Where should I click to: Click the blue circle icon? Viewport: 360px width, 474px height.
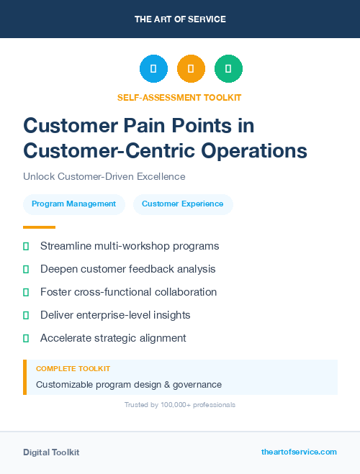tap(153, 69)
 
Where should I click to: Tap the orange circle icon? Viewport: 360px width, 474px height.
tap(191, 69)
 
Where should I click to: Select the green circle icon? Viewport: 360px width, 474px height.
tap(228, 69)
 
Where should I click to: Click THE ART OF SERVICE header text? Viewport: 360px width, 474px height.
tap(180, 19)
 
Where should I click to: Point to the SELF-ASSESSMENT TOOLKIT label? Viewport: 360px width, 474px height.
tap(179, 97)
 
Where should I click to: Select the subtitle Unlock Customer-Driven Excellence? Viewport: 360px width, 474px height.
tap(104, 176)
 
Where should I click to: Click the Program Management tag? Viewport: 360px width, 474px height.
tap(73, 204)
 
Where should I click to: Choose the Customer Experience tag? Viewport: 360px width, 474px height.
tap(182, 204)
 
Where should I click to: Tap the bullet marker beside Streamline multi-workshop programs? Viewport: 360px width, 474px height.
tap(26, 247)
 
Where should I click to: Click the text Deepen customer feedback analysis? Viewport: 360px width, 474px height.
tap(127, 269)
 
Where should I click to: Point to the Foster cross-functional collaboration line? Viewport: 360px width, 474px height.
tap(128, 292)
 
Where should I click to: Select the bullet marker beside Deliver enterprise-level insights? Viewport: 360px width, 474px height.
tap(26, 315)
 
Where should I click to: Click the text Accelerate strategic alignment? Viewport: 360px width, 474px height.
tap(113, 338)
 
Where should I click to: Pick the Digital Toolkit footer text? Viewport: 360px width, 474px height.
tap(51, 452)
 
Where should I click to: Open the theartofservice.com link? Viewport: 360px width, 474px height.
tap(299, 452)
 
